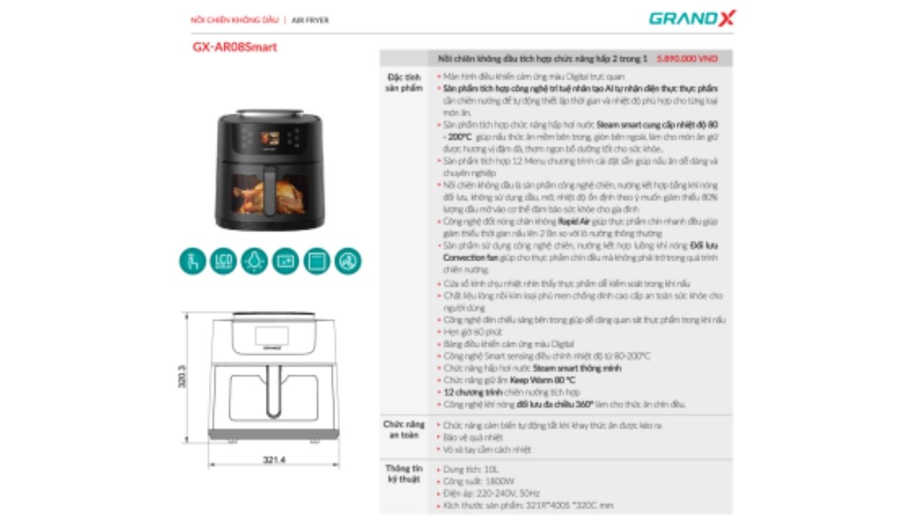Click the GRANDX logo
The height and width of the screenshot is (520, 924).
[x=691, y=18]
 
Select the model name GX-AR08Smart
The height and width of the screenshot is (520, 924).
[x=234, y=47]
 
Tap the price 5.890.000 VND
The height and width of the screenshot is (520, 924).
[x=687, y=59]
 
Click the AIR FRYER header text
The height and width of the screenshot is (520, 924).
[x=310, y=20]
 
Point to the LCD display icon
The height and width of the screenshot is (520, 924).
[x=223, y=261]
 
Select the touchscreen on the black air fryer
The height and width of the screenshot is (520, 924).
[x=271, y=138]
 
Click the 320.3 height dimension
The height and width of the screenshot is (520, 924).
[x=181, y=377]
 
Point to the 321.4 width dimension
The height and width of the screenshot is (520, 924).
[x=274, y=460]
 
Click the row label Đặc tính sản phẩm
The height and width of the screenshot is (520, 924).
[x=404, y=83]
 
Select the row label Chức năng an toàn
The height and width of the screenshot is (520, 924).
[x=404, y=429]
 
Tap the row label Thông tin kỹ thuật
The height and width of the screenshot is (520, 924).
[x=404, y=474]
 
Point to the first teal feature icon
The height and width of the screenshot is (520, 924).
[x=192, y=261]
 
